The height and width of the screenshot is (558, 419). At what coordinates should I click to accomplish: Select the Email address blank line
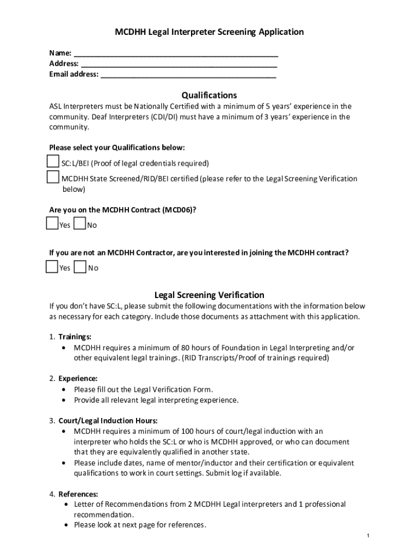click(x=188, y=75)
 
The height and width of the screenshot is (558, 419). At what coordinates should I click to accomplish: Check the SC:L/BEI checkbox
click(x=53, y=162)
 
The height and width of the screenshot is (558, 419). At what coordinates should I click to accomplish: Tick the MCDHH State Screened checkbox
click(x=53, y=177)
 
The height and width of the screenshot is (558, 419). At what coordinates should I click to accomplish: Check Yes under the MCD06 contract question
click(x=53, y=223)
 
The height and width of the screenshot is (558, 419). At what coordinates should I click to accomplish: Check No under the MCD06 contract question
click(x=79, y=223)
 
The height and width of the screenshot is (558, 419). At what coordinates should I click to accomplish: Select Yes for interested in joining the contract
click(x=53, y=266)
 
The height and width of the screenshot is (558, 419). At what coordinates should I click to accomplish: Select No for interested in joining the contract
click(x=79, y=266)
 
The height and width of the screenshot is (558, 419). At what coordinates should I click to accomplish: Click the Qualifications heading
click(x=209, y=95)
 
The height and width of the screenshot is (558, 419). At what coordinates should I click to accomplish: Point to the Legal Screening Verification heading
click(x=209, y=295)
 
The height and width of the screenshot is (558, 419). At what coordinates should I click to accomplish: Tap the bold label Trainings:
click(x=75, y=337)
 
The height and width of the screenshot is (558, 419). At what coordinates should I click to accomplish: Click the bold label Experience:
click(x=78, y=378)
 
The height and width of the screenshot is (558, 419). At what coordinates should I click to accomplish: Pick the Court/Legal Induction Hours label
click(x=108, y=421)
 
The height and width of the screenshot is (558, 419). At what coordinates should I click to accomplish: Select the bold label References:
click(x=78, y=494)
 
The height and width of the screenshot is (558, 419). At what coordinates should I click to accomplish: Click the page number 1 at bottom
click(x=368, y=536)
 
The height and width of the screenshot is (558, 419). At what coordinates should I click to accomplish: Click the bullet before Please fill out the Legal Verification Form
click(x=65, y=390)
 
